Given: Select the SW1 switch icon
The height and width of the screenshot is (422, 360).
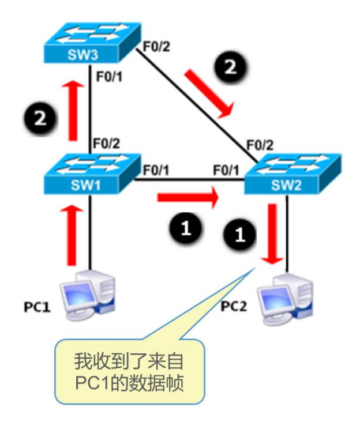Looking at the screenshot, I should point(91,174).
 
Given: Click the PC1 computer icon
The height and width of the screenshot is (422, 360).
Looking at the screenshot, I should point(89,294).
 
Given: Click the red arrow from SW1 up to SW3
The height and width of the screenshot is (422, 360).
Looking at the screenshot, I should point(72,110).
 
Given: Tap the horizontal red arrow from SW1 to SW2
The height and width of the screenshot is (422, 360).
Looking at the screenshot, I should point(188,199).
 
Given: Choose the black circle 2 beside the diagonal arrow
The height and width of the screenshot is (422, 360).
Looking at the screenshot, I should point(231,67).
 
